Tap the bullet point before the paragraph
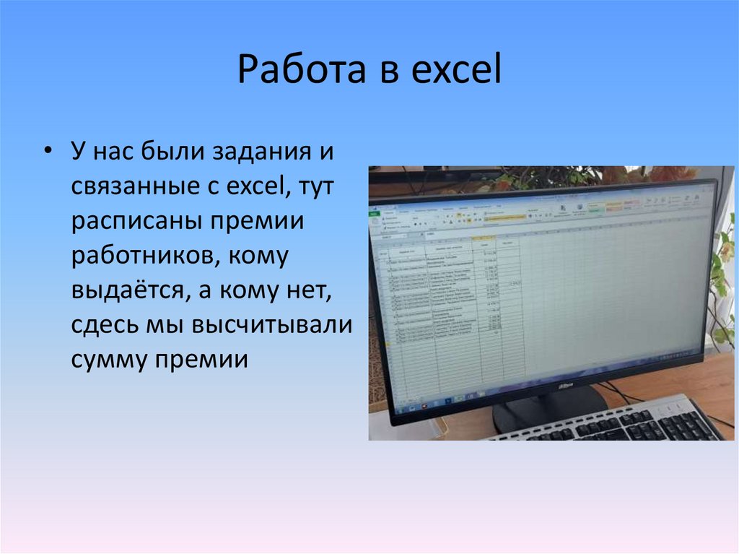[x=48, y=152]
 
